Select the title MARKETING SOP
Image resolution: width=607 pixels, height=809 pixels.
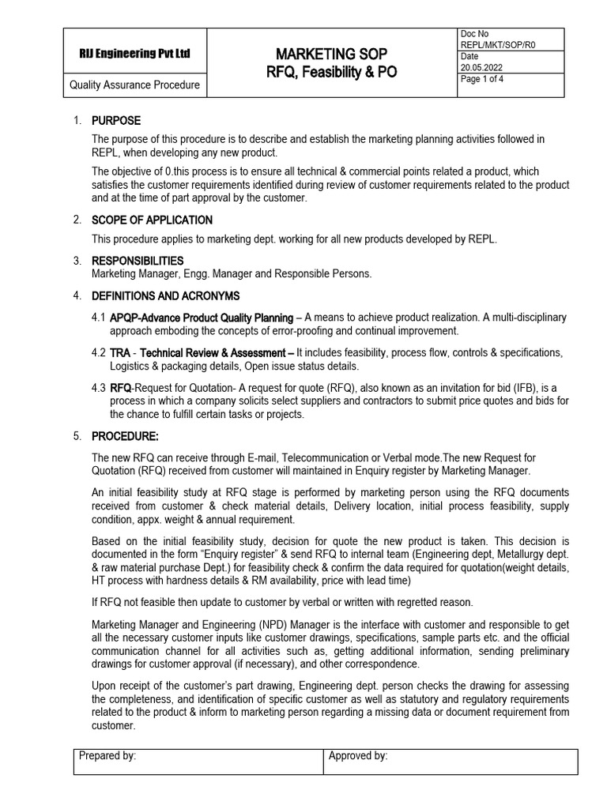(331, 54)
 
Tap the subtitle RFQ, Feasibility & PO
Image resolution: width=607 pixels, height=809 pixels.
(331, 73)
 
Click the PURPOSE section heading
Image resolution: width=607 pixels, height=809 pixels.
(116, 121)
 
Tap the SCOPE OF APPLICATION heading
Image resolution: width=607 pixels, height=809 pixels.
(152, 220)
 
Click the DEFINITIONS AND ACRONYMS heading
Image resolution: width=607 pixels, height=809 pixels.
(165, 295)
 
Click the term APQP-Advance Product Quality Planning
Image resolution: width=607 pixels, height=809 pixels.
(200, 318)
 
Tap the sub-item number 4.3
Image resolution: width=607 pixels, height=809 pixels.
(98, 387)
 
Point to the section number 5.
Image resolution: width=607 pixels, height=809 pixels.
(77, 435)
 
